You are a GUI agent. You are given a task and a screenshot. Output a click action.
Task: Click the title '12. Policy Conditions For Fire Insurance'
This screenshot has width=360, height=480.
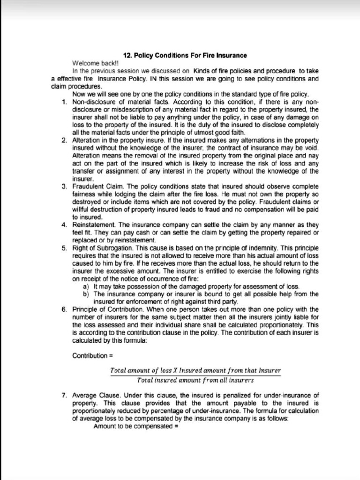[x=185, y=55]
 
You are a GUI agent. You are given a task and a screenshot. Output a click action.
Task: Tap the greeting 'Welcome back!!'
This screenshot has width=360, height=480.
[x=89, y=62]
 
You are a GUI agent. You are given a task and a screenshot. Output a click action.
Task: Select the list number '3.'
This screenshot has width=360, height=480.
[x=64, y=186]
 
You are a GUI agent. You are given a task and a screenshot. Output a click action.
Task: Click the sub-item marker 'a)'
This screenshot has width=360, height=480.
[x=86, y=286]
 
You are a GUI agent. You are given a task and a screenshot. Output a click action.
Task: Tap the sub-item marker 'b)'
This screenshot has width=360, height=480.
[x=86, y=294]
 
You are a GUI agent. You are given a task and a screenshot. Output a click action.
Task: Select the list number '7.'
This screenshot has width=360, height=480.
[x=64, y=395]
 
